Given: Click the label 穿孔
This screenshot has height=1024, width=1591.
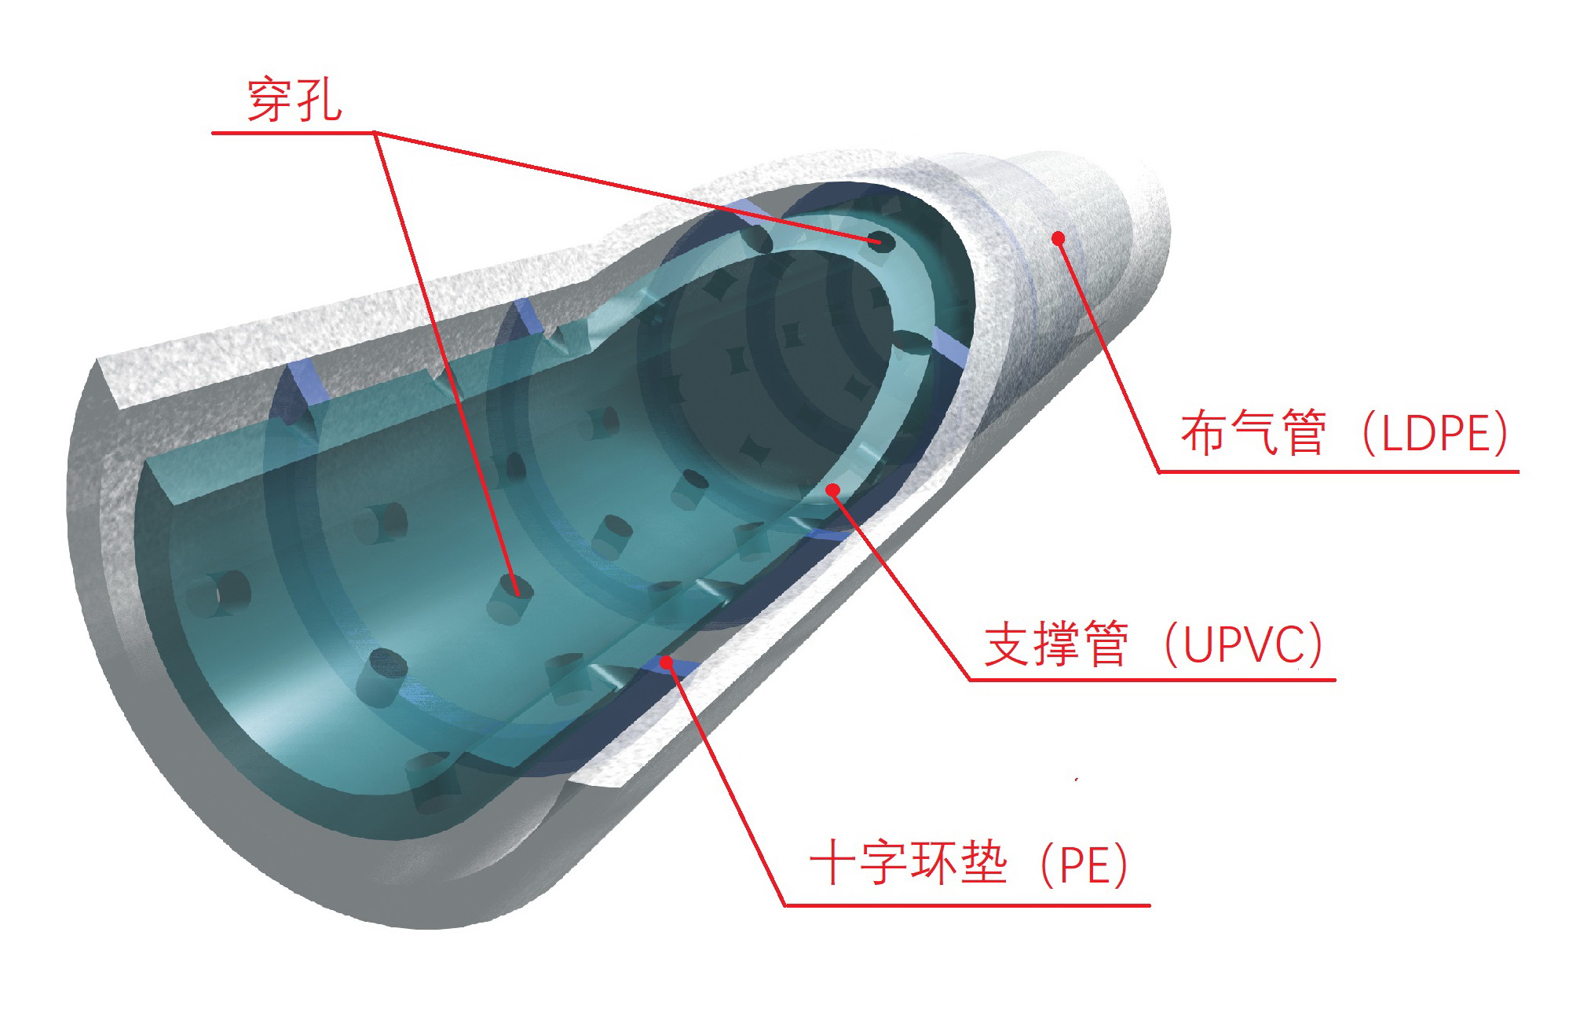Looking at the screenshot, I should [x=294, y=100].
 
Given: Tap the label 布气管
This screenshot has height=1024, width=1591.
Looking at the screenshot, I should [x=1254, y=433].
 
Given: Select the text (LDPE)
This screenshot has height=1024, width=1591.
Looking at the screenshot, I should [x=1436, y=433].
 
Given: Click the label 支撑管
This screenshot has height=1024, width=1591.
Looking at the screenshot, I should [x=1057, y=644].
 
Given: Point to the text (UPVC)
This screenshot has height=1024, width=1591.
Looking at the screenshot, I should [x=1244, y=644].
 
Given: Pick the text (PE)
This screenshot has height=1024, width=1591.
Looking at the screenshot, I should [x=1084, y=864].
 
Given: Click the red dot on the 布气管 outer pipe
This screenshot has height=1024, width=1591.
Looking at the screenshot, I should [x=1058, y=237].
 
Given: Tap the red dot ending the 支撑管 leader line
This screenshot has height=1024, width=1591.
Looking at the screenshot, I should [x=833, y=490].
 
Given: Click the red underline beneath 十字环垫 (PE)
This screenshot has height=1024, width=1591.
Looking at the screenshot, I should [x=967, y=905].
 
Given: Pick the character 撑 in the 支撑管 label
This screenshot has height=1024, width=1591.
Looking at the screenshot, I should [x=1057, y=644].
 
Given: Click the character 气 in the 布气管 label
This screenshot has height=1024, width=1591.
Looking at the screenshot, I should [x=1254, y=433].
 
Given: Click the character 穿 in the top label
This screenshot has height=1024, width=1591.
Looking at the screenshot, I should [x=270, y=100].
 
